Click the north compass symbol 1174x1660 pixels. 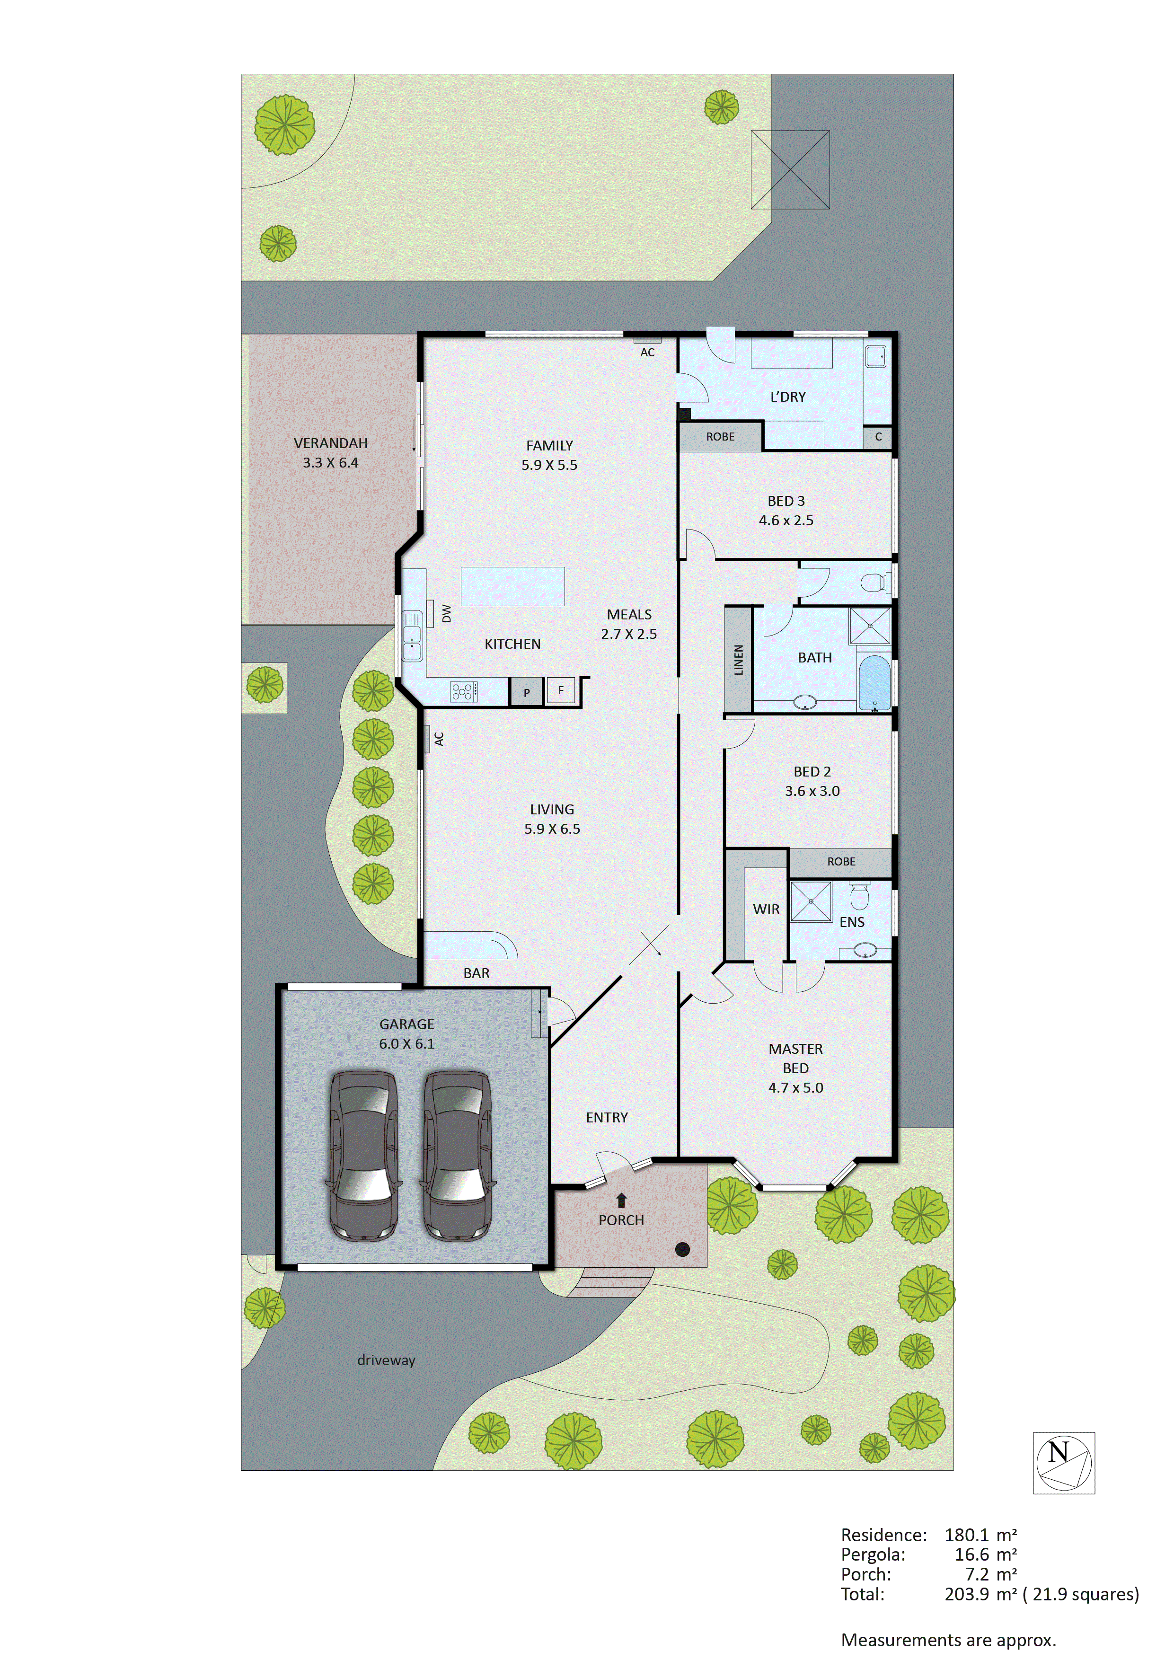pyautogui.click(x=1063, y=1463)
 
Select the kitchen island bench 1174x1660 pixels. pyautogui.click(x=512, y=586)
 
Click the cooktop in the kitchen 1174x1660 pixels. pyautogui.click(x=463, y=692)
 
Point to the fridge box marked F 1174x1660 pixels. pyautogui.click(x=561, y=690)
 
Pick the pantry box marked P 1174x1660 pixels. pyautogui.click(x=526, y=693)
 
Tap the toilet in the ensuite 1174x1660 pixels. pyautogui.click(x=859, y=897)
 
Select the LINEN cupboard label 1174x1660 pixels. pyautogui.click(x=738, y=659)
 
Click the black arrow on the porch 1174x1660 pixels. pyautogui.click(x=621, y=1201)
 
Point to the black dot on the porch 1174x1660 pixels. pyautogui.click(x=682, y=1249)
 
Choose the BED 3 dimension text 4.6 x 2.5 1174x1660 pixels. pyautogui.click(x=786, y=521)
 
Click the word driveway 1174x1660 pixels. pyautogui.click(x=386, y=1360)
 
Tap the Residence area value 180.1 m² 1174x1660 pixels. pyautogui.click(x=980, y=1535)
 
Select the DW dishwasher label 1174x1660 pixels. pyautogui.click(x=446, y=614)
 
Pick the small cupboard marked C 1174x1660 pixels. pyautogui.click(x=878, y=437)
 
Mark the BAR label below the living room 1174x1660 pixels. pyautogui.click(x=477, y=973)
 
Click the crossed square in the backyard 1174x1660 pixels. pyautogui.click(x=790, y=170)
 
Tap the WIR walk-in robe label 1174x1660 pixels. pyautogui.click(x=766, y=909)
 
